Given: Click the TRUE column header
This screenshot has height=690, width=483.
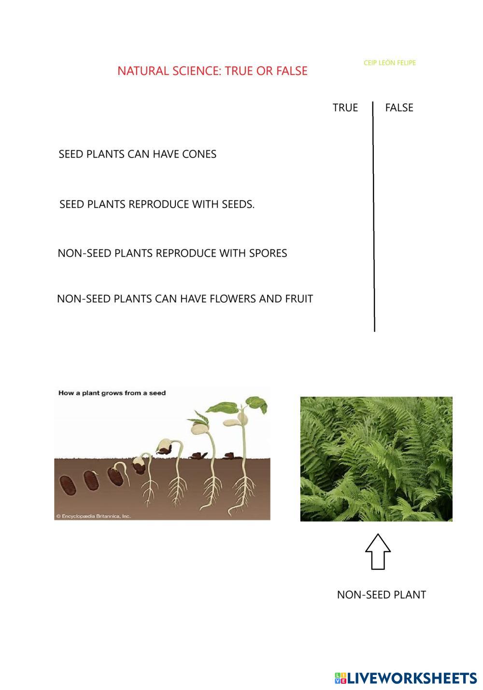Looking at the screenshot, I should (x=345, y=107).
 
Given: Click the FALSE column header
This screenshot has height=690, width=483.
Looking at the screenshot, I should (x=399, y=107).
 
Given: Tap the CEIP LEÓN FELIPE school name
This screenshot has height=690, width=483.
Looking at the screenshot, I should (x=389, y=63).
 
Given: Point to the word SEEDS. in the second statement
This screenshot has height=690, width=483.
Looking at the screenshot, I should (x=238, y=204).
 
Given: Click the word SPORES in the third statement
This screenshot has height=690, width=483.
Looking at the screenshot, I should (x=268, y=253).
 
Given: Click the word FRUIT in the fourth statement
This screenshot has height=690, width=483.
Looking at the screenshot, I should (x=299, y=299).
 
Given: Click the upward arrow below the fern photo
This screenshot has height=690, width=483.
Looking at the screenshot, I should (x=378, y=551).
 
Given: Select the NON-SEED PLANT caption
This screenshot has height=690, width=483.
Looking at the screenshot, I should (x=381, y=595).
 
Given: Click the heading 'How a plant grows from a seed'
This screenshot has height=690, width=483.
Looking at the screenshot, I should (x=112, y=393).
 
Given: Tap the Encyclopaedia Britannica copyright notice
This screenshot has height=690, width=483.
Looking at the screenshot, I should (x=93, y=516).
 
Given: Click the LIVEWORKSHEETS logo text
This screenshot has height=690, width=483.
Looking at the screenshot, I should (x=412, y=677).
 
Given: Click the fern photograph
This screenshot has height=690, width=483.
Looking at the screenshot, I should (x=376, y=459).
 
